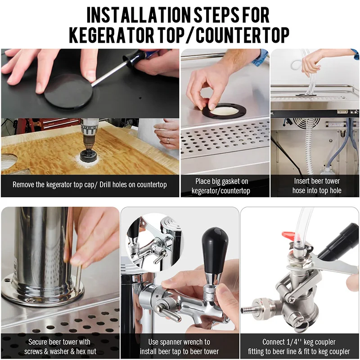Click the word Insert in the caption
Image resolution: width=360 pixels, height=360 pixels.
304,181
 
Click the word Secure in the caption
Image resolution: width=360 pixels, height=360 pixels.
39,342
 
